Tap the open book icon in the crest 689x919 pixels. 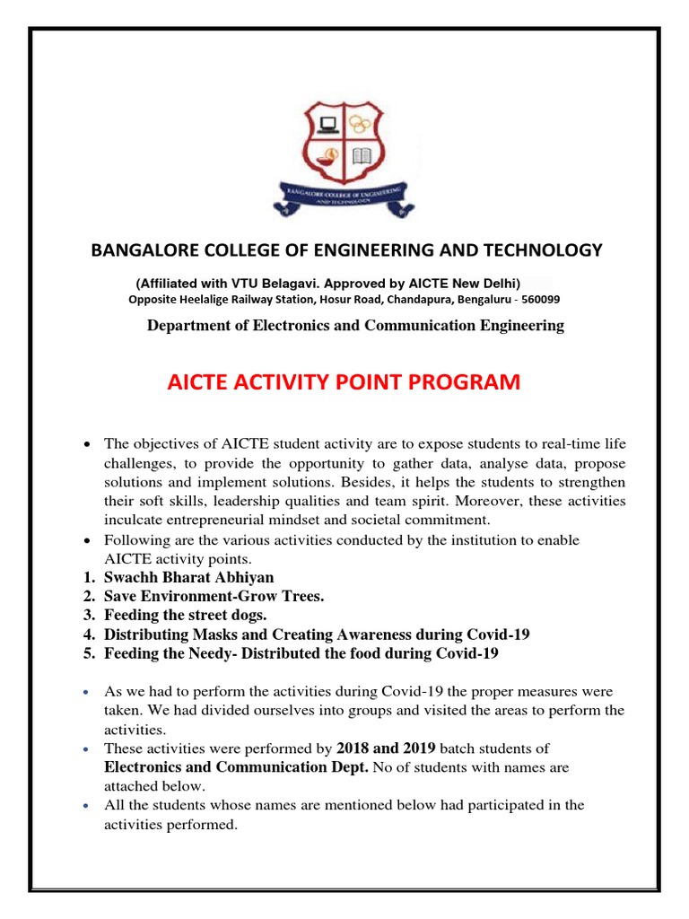[x=362, y=157]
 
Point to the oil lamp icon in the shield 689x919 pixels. [x=327, y=157]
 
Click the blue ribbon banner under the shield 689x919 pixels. [x=344, y=198]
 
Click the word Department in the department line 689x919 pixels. [x=187, y=325]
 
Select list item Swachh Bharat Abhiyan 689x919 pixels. [x=188, y=577]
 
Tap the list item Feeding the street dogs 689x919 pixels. [x=186, y=616]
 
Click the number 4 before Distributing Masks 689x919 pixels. [x=88, y=635]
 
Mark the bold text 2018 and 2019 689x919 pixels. [x=386, y=748]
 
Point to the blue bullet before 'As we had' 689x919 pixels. [x=86, y=694]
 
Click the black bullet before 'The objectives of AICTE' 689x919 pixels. [x=86, y=444]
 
